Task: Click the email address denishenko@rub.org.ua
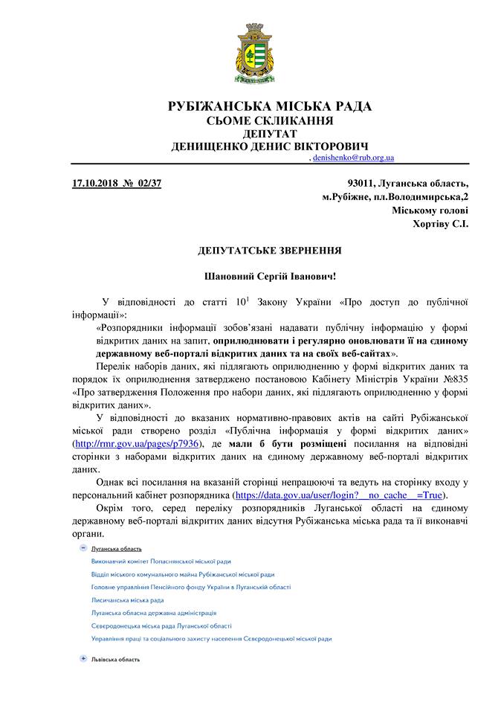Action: [352, 158]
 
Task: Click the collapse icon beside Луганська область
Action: [83, 548]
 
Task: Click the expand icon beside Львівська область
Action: [83, 659]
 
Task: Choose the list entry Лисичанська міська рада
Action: [127, 599]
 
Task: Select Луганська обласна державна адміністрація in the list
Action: [153, 613]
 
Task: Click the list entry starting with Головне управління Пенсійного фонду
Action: [190, 587]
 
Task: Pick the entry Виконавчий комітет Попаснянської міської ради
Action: [161, 561]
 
